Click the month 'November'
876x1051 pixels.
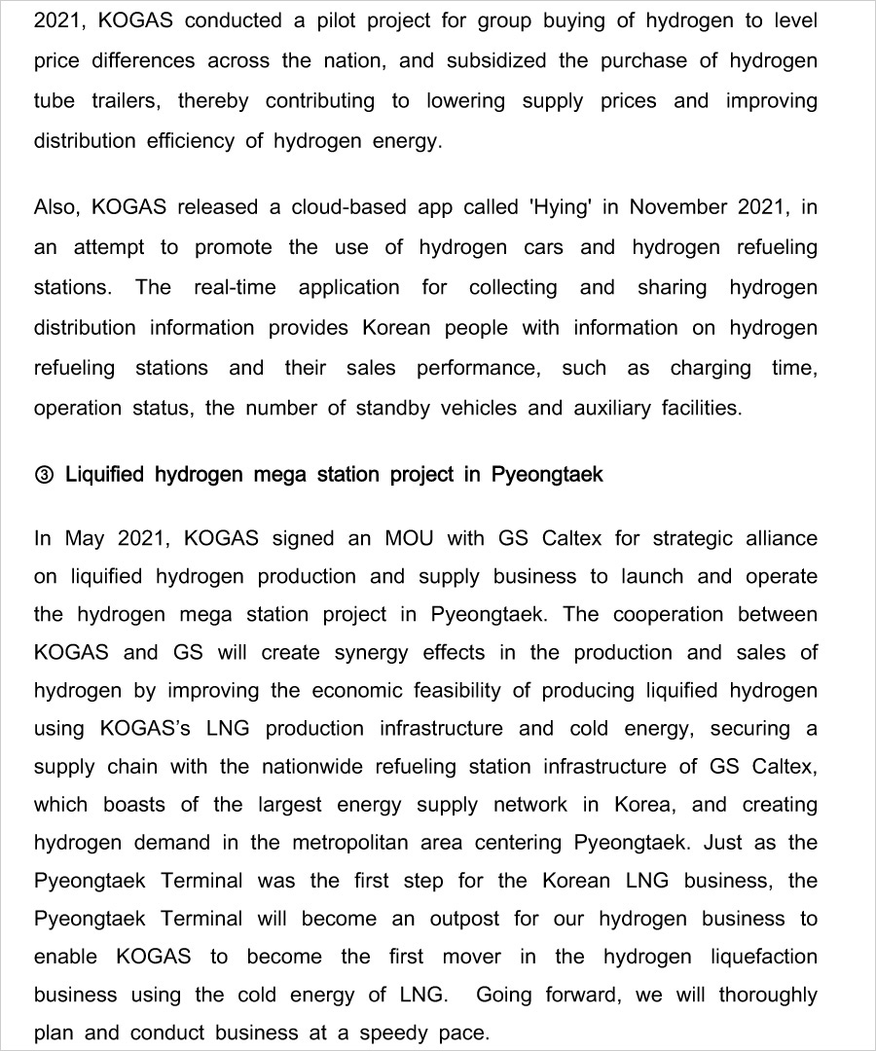click(677, 207)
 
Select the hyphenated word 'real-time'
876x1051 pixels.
click(235, 287)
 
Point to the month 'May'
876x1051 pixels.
click(85, 538)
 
